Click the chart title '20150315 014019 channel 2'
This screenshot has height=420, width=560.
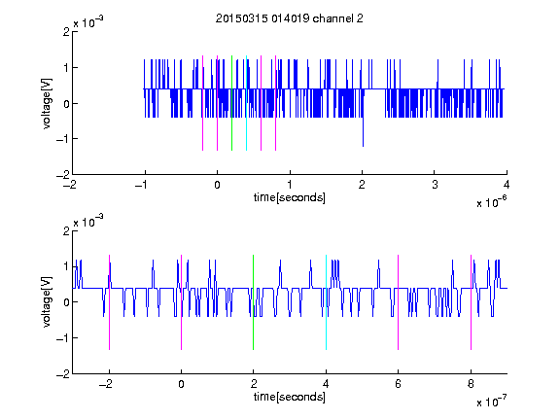click(290, 18)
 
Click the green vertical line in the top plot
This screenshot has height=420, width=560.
click(231, 103)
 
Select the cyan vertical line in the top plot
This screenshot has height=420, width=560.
click(246, 103)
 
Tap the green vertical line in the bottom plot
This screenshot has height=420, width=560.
click(253, 302)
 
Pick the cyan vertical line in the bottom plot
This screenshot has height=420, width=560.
click(326, 302)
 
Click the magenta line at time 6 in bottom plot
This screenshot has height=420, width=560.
click(399, 302)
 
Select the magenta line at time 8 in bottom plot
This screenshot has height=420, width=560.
click(472, 302)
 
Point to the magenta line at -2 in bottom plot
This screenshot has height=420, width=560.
click(109, 302)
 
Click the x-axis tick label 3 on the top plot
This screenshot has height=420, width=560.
click(435, 185)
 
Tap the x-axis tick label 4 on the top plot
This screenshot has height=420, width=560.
click(507, 185)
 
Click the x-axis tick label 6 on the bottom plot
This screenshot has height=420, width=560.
click(399, 384)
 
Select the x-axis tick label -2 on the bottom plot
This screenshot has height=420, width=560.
click(105, 384)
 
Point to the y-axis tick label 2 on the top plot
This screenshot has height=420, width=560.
click(66, 32)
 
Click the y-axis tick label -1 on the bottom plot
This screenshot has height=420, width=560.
click(63, 338)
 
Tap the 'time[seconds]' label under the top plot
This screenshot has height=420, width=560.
click(290, 197)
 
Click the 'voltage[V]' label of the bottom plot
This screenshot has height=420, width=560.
click(47, 301)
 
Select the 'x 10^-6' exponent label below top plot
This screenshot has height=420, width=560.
click(492, 201)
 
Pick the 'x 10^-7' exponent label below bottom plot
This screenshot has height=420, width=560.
click(492, 401)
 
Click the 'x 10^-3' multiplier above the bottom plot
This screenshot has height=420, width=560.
click(88, 222)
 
